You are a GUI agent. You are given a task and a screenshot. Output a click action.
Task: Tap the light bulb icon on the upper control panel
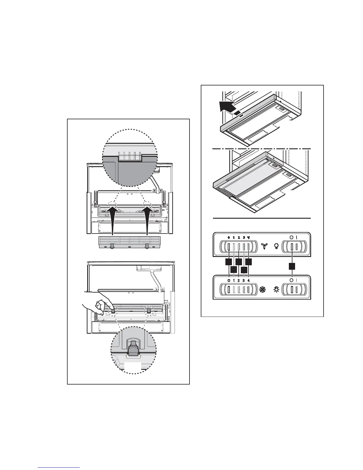tap(276, 246)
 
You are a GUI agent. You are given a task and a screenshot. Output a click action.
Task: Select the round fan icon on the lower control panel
tap(262, 290)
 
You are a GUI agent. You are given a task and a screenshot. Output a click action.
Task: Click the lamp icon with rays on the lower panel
tap(276, 290)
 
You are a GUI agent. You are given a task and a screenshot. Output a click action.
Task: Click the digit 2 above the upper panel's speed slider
tap(239, 237)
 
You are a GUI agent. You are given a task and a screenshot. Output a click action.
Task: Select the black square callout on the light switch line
tap(292, 266)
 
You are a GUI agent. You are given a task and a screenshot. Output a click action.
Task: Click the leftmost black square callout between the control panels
tap(229, 262)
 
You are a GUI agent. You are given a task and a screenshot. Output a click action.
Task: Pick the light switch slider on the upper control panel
tap(292, 247)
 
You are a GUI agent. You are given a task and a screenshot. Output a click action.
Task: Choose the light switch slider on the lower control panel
tap(292, 290)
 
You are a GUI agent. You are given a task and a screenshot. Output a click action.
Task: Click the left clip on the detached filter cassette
tap(112, 246)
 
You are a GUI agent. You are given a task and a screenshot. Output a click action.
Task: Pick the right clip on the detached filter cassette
tap(147, 246)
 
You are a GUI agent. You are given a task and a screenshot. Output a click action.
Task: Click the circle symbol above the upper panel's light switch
tap(291, 237)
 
